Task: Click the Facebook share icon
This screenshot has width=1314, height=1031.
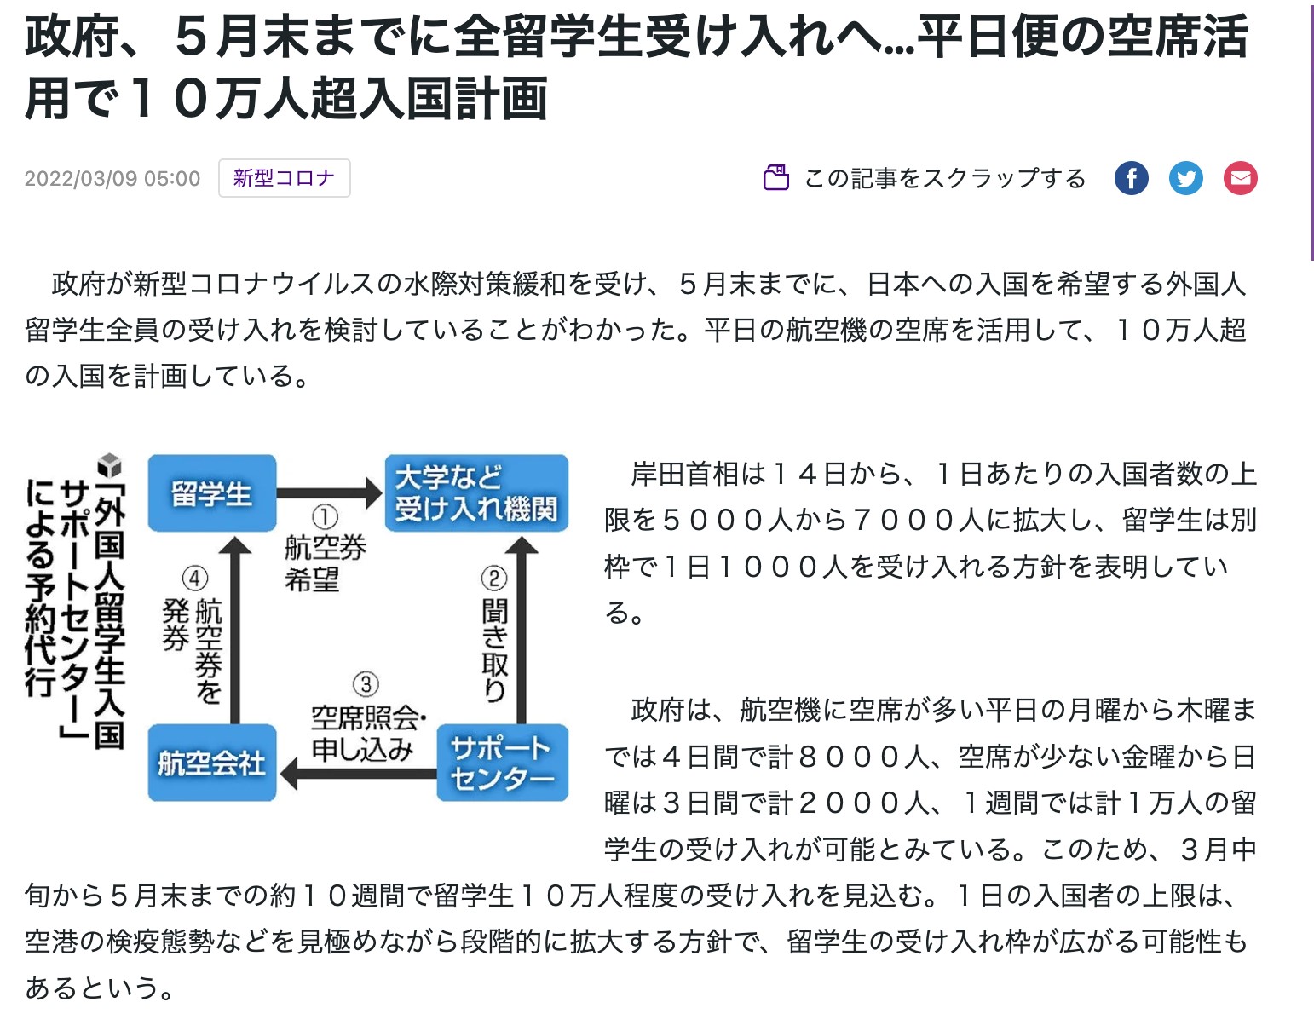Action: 1132,178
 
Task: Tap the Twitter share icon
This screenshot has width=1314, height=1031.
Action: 1186,178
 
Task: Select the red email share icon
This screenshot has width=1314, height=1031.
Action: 1241,178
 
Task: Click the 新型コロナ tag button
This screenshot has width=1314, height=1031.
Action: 285,178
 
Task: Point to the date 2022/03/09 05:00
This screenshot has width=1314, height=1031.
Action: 112,179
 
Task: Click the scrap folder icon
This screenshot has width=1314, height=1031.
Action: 775,178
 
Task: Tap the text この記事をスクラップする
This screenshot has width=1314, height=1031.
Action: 944,179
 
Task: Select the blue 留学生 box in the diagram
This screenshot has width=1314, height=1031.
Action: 212,493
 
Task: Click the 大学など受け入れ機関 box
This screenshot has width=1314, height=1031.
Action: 476,493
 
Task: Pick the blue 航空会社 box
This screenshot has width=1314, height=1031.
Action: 212,763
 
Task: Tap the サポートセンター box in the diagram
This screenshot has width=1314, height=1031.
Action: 503,763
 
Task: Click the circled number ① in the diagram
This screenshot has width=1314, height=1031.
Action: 325,516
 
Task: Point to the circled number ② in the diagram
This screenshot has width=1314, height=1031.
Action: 494,579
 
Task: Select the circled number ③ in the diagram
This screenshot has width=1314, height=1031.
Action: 366,685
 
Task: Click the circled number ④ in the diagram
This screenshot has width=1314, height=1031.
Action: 194,579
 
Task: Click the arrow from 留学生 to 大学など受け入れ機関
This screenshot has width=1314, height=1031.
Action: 330,493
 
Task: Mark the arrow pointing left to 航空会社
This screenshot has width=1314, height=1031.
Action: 358,775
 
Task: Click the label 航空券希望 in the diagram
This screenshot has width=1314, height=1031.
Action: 325,563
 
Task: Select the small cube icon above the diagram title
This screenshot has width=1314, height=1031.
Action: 110,465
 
